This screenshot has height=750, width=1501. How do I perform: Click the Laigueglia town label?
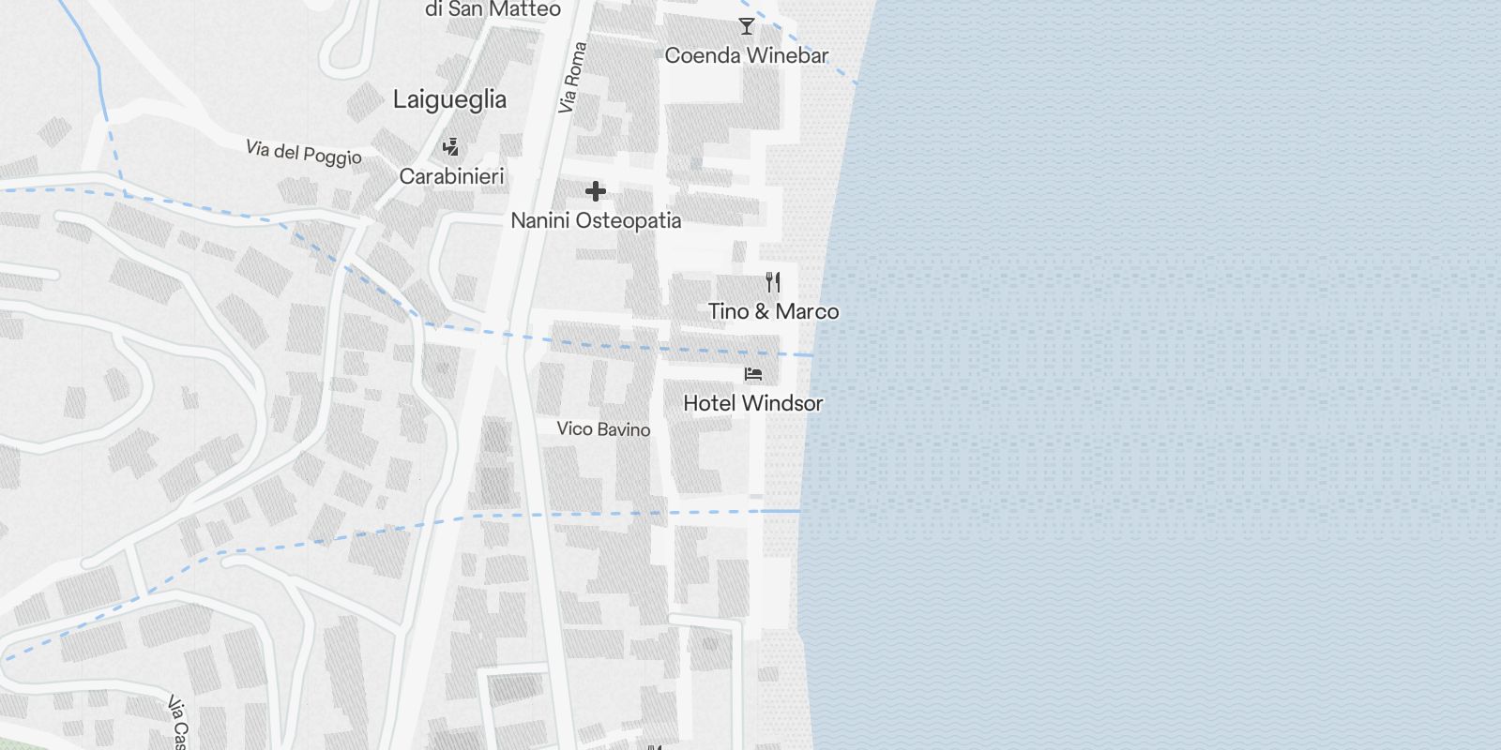(x=449, y=99)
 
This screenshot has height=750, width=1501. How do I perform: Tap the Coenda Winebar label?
(x=746, y=55)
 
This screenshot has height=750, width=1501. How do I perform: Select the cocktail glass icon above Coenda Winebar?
(x=747, y=26)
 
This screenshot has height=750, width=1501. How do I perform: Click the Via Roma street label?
(x=572, y=78)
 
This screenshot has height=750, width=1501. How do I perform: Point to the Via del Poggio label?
(x=303, y=153)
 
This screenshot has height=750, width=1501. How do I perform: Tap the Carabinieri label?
(x=451, y=176)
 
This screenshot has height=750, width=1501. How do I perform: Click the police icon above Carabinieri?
(x=451, y=147)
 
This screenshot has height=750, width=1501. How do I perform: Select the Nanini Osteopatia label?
(x=596, y=221)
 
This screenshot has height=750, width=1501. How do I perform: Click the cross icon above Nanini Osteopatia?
(x=596, y=192)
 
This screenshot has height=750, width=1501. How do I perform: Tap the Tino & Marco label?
(x=773, y=311)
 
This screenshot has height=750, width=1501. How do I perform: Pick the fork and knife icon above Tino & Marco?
(x=773, y=281)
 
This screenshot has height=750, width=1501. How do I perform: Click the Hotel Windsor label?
(x=752, y=403)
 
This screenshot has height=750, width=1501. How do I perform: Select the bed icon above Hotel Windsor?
(x=753, y=374)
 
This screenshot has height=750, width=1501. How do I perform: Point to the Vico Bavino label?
(x=603, y=429)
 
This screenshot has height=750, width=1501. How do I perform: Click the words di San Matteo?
(x=493, y=9)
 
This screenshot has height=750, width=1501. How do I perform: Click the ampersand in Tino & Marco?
(x=762, y=311)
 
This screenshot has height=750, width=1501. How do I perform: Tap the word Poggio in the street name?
(x=332, y=157)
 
